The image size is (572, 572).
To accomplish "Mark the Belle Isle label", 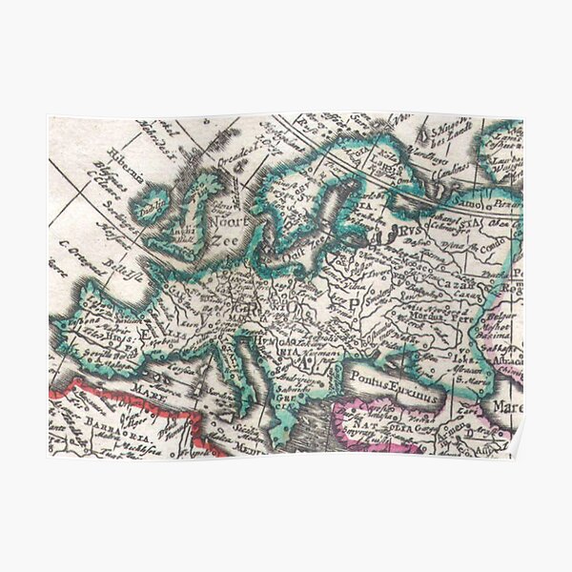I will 119,266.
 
